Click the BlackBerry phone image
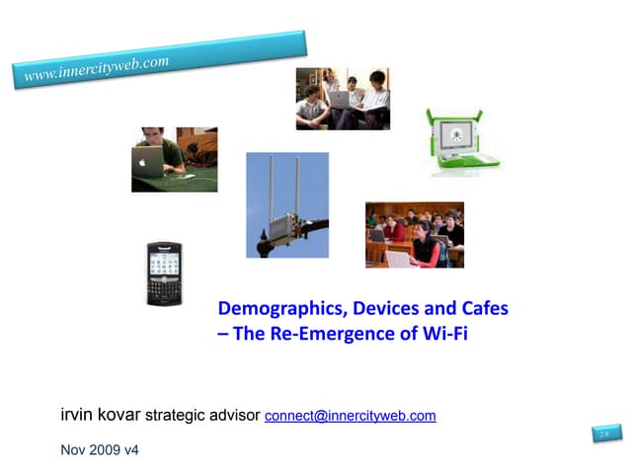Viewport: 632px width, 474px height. (164, 273)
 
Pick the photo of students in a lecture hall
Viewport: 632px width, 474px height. (414, 234)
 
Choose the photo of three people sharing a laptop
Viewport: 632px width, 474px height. (343, 99)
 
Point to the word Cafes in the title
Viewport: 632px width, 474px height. (481, 308)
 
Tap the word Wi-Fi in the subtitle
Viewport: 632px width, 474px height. (441, 334)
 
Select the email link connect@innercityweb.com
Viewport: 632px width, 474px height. (351, 416)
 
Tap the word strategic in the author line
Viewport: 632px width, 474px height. (178, 416)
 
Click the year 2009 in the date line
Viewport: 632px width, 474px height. (106, 451)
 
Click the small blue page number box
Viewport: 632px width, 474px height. (603, 434)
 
